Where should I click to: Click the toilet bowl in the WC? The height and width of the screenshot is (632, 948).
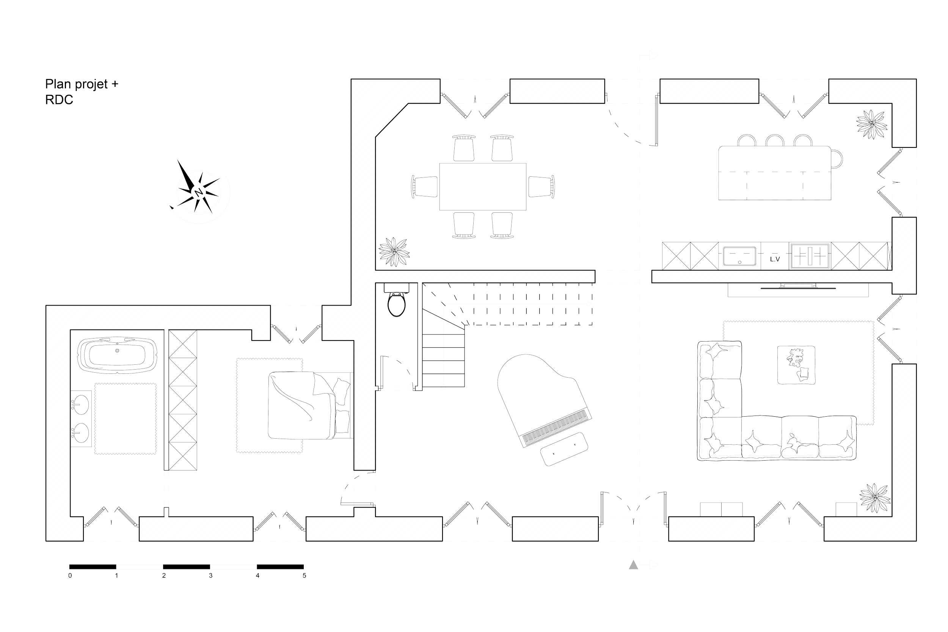pyautogui.click(x=396, y=304)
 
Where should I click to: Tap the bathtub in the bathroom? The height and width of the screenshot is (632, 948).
pyautogui.click(x=117, y=354)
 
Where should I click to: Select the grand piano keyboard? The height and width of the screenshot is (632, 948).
pyautogui.click(x=557, y=428)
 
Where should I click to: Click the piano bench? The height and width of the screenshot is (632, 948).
pyautogui.click(x=564, y=449)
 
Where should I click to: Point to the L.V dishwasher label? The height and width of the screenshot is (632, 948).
pyautogui.click(x=775, y=259)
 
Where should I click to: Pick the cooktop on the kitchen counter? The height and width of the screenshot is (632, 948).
pyautogui.click(x=809, y=256)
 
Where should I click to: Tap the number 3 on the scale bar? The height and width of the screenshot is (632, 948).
pyautogui.click(x=210, y=576)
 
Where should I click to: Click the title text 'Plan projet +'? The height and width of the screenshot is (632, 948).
pyautogui.click(x=82, y=84)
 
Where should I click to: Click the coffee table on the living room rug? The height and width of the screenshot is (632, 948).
pyautogui.click(x=796, y=365)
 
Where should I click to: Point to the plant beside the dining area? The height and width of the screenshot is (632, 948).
pyautogui.click(x=394, y=252)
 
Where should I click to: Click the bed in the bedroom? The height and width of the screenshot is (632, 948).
pyautogui.click(x=309, y=405)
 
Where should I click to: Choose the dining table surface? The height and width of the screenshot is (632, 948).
pyautogui.click(x=482, y=187)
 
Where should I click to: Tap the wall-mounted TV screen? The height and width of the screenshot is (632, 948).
pyautogui.click(x=798, y=288)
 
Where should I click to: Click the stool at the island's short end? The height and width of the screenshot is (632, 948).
pyautogui.click(x=837, y=159)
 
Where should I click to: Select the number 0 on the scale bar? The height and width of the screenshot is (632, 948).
pyautogui.click(x=70, y=576)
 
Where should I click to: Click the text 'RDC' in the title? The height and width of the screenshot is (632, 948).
pyautogui.click(x=59, y=100)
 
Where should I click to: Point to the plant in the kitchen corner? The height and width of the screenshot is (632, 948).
pyautogui.click(x=872, y=124)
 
